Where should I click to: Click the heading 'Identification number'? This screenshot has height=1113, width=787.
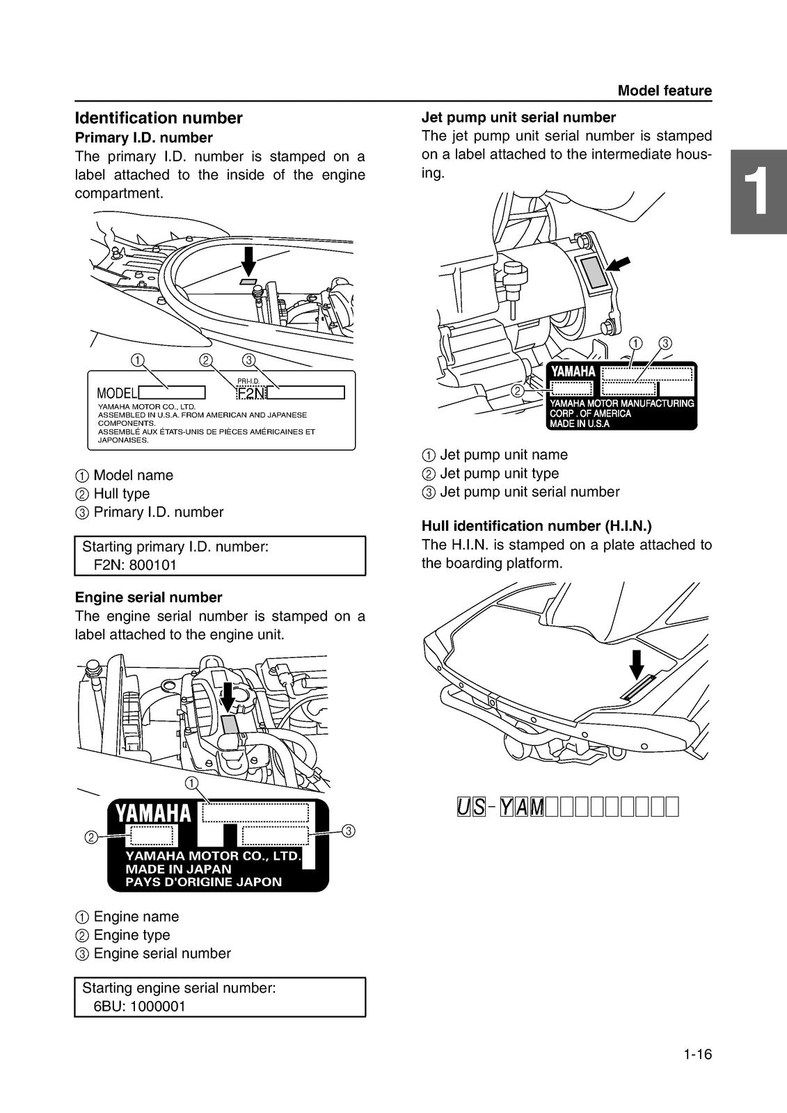159,118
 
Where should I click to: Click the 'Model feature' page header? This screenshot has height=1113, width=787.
665,90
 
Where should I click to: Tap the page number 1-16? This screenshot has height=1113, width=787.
697,1055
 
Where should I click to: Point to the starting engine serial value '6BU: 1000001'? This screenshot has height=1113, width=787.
139,1007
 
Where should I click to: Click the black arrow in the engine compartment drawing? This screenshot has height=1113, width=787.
248,261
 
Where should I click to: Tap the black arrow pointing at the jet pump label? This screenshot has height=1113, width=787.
619,264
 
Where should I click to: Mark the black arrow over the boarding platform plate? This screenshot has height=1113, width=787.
636,664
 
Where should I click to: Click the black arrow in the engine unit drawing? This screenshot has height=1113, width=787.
228,696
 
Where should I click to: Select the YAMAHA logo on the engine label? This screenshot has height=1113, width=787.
152,813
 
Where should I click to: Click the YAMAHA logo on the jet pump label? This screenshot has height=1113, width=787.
573,372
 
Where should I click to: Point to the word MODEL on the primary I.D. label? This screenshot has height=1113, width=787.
117,394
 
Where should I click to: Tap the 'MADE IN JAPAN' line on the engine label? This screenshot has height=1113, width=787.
178,869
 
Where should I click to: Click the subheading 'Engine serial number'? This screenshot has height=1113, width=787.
148,598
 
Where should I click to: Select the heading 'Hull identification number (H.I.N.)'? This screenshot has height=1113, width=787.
536,526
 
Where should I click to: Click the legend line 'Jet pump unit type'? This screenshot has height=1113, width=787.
499,474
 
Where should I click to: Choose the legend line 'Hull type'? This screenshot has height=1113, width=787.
121,494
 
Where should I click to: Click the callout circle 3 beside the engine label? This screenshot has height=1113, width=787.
349,831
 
